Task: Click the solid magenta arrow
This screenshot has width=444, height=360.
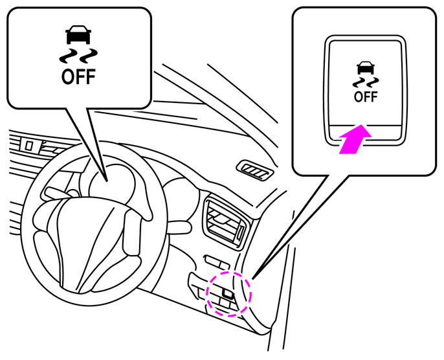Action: pyautogui.click(x=356, y=139)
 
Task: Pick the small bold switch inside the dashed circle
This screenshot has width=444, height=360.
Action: pyautogui.click(x=228, y=293)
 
